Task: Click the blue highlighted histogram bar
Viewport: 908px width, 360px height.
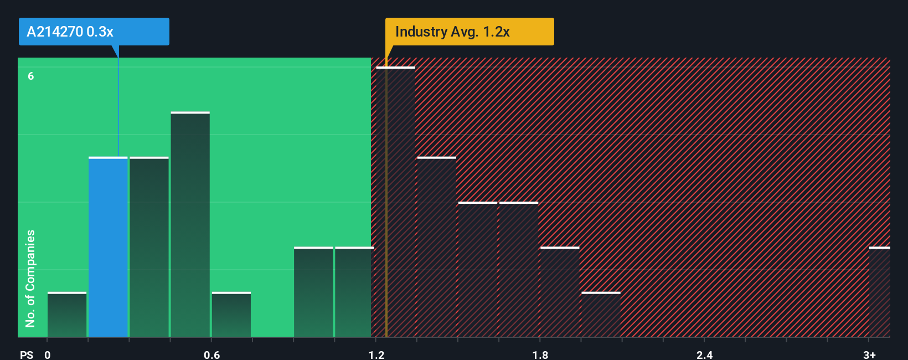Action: tap(108, 247)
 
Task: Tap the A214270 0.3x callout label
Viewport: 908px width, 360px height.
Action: tap(94, 32)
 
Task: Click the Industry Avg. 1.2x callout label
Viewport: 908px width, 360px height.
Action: tap(470, 32)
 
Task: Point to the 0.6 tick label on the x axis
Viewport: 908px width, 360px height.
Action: tap(212, 354)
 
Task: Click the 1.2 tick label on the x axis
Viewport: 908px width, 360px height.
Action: tap(376, 354)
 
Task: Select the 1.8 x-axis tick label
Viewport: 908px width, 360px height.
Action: tap(540, 354)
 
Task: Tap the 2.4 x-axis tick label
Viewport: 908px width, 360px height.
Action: tap(705, 354)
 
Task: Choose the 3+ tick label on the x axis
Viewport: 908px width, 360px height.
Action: tap(869, 354)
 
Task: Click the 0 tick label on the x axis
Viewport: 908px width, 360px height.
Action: tap(48, 354)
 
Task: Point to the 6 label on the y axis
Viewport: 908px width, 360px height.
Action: tap(31, 76)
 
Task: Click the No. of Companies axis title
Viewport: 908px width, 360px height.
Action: tap(30, 278)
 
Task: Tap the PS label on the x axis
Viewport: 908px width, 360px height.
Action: tap(27, 354)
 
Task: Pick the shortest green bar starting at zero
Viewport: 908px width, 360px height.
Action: tap(67, 315)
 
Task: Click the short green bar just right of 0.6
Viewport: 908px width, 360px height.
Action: tap(231, 315)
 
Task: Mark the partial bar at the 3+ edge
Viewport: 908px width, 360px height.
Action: tap(879, 292)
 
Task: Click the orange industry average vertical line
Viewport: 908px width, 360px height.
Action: tap(386, 222)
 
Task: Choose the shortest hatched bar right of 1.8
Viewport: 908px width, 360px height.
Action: tap(601, 315)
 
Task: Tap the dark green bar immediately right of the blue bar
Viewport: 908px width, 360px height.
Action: tap(149, 247)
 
